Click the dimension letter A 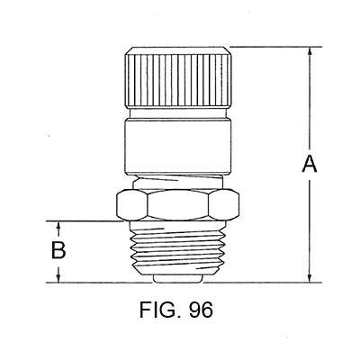(x=309, y=164)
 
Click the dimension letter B (x=58, y=250)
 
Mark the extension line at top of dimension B (x=85, y=220)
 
